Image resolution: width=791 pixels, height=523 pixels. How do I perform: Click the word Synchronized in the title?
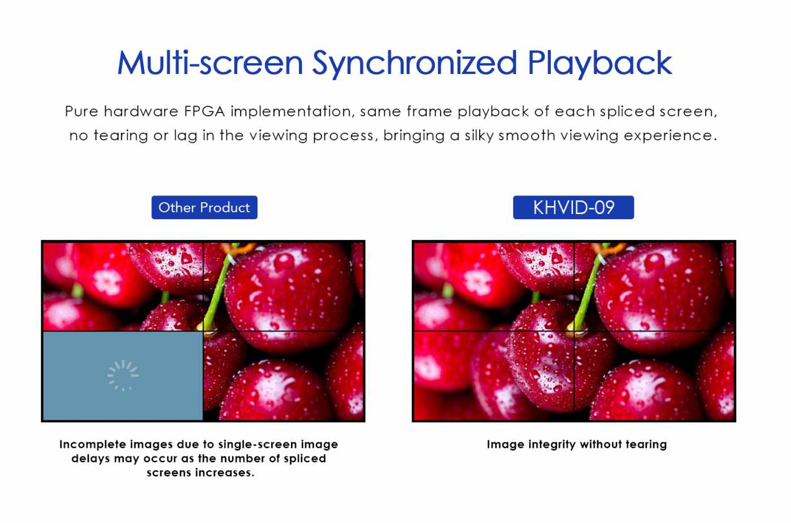(x=415, y=63)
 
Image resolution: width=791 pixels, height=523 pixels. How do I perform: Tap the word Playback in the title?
(x=600, y=63)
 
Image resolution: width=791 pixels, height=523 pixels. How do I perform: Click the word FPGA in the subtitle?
(x=205, y=111)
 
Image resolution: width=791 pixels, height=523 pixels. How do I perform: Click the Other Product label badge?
(x=205, y=207)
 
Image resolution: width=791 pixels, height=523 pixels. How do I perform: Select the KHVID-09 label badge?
(x=573, y=207)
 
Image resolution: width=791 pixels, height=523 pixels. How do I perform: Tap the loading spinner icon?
(x=123, y=376)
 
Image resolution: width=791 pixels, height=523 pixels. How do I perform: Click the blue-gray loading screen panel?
(x=123, y=376)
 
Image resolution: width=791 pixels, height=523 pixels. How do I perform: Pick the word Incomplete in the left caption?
(x=93, y=444)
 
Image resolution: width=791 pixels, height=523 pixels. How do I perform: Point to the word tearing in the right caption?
(x=646, y=444)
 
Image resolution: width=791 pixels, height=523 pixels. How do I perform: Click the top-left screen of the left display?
(x=123, y=286)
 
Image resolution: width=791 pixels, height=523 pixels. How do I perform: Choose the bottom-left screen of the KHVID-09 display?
(x=494, y=376)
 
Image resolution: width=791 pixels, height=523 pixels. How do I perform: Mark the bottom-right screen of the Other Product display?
(x=284, y=376)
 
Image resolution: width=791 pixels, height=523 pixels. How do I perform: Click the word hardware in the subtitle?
(x=141, y=111)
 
